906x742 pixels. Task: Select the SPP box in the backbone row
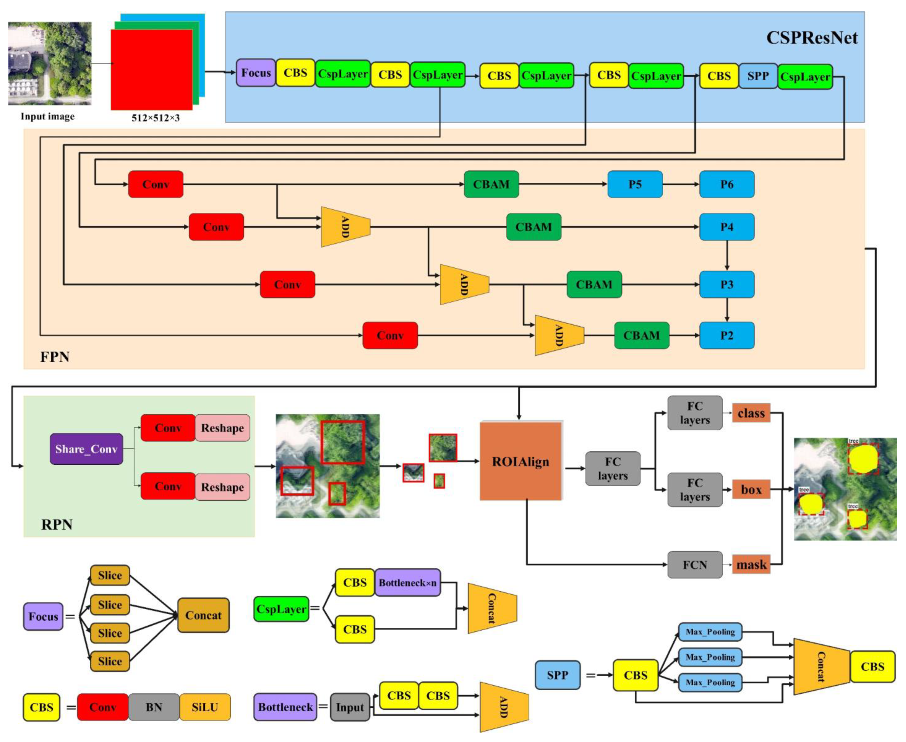(758, 76)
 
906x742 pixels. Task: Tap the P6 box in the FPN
(726, 184)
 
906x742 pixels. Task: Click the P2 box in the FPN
(726, 335)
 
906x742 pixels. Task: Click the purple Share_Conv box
(86, 449)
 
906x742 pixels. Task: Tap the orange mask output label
(751, 565)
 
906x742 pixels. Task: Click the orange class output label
(751, 413)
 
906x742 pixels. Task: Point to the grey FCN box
(695, 565)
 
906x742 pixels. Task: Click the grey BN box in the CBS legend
(154, 707)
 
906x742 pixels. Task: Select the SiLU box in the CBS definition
(205, 707)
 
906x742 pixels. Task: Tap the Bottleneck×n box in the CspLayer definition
(407, 583)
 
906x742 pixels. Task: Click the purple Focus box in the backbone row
(256, 73)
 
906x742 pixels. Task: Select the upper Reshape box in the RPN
(222, 428)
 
